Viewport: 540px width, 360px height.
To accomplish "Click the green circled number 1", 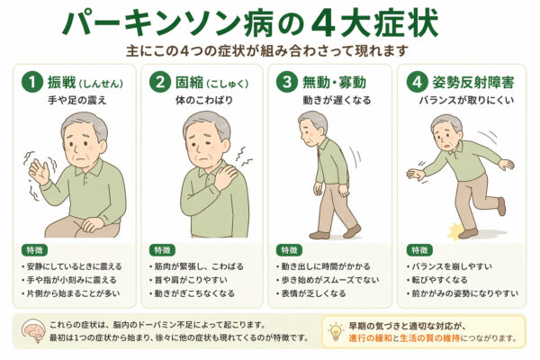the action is (x=32, y=83).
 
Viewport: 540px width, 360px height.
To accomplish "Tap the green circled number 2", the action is (x=160, y=83).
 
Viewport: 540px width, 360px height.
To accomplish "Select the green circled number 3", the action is (x=287, y=83).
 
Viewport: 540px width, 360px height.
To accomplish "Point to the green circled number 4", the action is (x=417, y=83).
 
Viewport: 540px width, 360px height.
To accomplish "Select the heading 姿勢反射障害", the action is (x=473, y=83).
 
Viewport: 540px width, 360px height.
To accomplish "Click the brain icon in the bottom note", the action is (x=33, y=330).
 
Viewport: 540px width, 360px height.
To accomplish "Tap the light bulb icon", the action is (x=336, y=331).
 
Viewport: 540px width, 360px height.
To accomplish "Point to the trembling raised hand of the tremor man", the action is (x=38, y=171).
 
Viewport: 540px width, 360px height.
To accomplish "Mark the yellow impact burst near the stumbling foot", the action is (x=454, y=230).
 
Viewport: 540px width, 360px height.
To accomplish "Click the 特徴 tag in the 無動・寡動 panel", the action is (x=289, y=250).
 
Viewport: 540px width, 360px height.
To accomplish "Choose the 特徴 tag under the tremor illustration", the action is (x=35, y=250).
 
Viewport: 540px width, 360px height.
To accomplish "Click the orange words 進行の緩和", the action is (x=370, y=338).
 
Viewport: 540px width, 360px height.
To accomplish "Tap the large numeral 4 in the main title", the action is (x=323, y=23).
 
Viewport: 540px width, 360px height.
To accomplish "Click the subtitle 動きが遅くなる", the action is (x=337, y=100).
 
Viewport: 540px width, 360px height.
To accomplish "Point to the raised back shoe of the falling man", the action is (x=501, y=206).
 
